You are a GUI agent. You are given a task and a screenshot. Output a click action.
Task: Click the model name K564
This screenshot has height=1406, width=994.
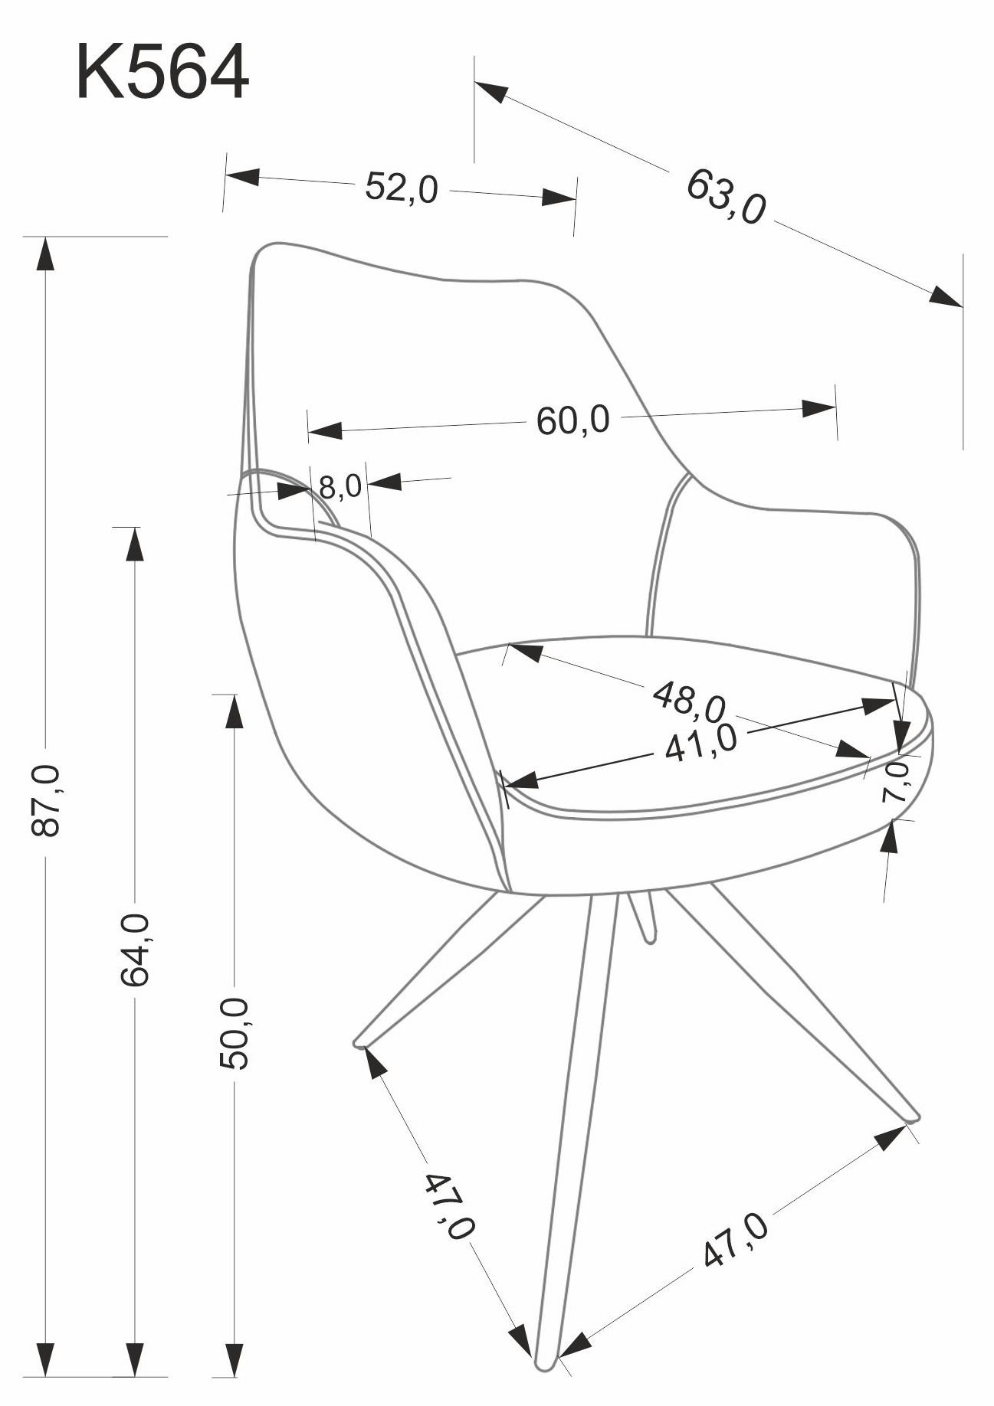162,72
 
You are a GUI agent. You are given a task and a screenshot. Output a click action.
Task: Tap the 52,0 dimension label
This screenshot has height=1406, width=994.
401,188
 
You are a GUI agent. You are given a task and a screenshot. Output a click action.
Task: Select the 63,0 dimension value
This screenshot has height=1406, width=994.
725,197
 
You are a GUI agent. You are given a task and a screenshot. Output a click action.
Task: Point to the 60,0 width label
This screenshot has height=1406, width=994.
572,420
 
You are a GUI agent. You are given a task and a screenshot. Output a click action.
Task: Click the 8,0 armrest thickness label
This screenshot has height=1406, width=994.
340,486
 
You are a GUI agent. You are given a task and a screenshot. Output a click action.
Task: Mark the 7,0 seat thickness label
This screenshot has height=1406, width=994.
895,780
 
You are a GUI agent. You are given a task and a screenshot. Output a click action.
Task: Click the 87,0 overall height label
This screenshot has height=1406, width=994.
46,799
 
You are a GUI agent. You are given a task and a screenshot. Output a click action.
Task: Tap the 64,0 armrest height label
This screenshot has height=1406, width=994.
134,949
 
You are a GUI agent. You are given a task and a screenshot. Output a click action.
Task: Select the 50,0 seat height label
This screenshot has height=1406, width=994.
233,1033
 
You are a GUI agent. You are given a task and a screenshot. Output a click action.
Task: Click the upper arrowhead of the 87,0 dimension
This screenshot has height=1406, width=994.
46,253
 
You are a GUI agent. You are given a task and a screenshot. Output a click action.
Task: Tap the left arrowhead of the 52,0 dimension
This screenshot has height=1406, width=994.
243,176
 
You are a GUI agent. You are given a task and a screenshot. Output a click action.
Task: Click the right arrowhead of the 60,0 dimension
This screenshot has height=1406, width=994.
818,408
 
